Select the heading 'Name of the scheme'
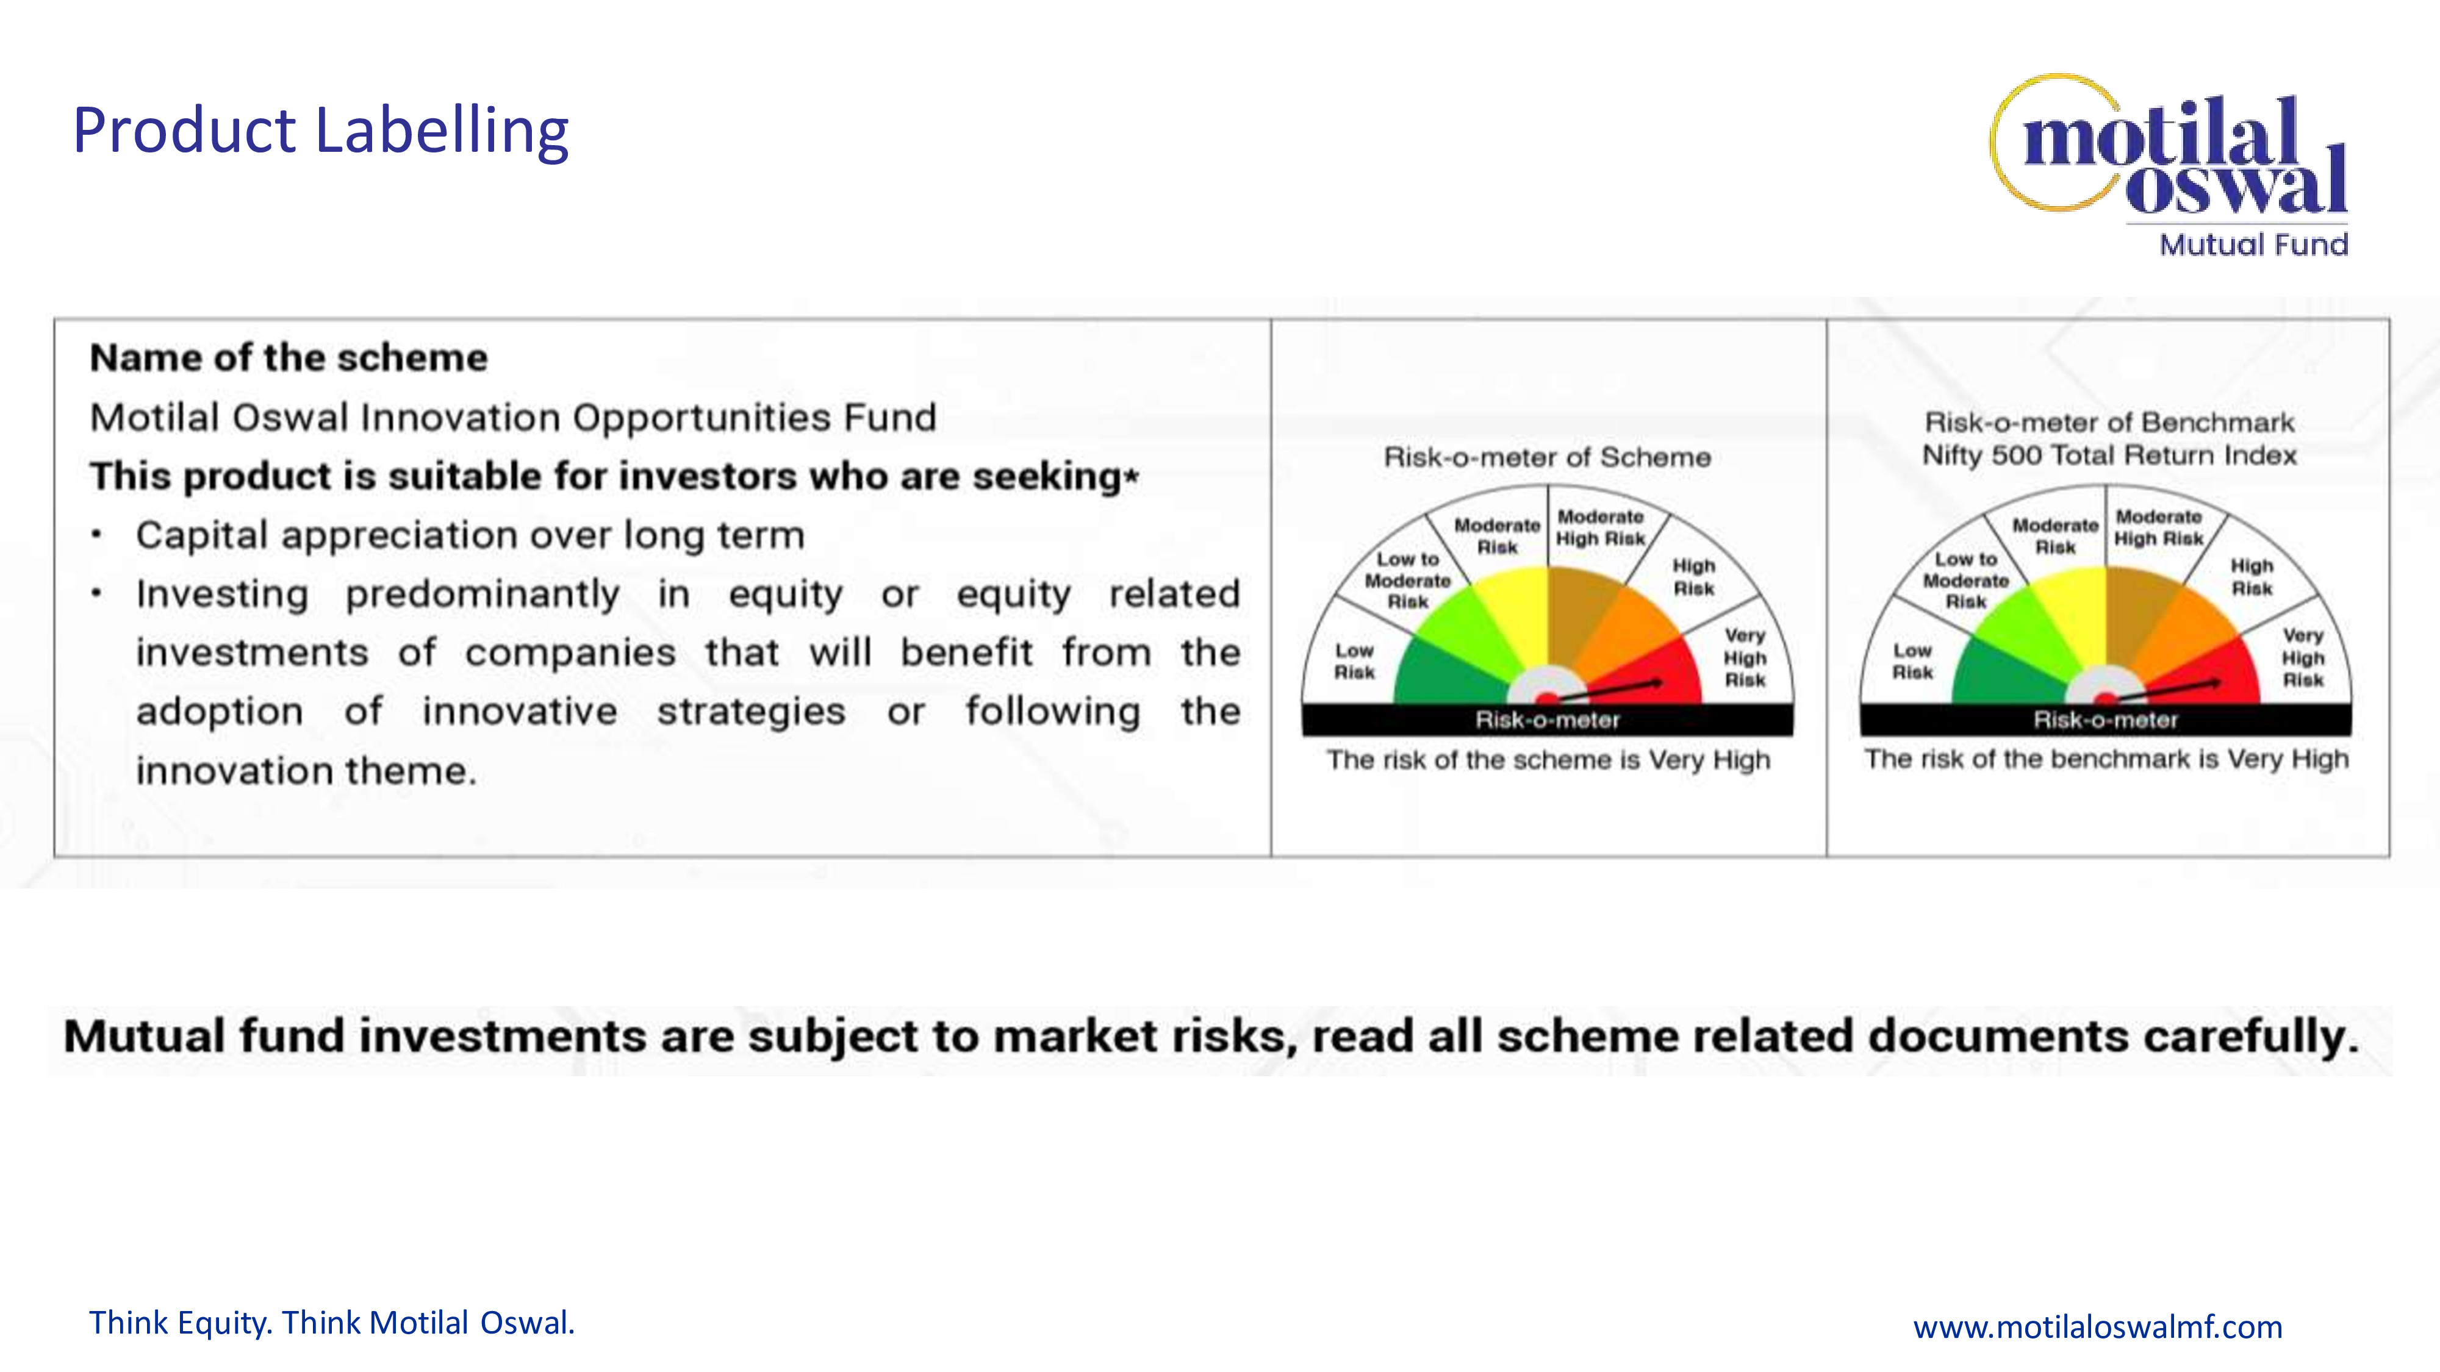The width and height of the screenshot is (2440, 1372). (x=289, y=358)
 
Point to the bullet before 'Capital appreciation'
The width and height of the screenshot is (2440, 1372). (x=96, y=535)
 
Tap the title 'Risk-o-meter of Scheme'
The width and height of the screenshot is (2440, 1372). (x=1548, y=457)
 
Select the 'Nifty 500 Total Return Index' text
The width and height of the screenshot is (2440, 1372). (x=2109, y=456)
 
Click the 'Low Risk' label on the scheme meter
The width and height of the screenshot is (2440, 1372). (x=1354, y=661)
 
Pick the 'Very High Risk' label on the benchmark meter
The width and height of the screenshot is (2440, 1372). (x=2303, y=657)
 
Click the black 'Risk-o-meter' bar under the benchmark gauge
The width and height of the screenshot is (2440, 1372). (x=2106, y=720)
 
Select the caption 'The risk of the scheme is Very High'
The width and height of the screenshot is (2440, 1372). (x=1548, y=760)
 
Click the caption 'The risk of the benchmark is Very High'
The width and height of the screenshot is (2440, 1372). (x=2106, y=759)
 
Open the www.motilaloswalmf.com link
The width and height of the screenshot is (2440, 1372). (x=2098, y=1326)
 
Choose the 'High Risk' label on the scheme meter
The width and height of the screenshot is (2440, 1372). (x=1693, y=577)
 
